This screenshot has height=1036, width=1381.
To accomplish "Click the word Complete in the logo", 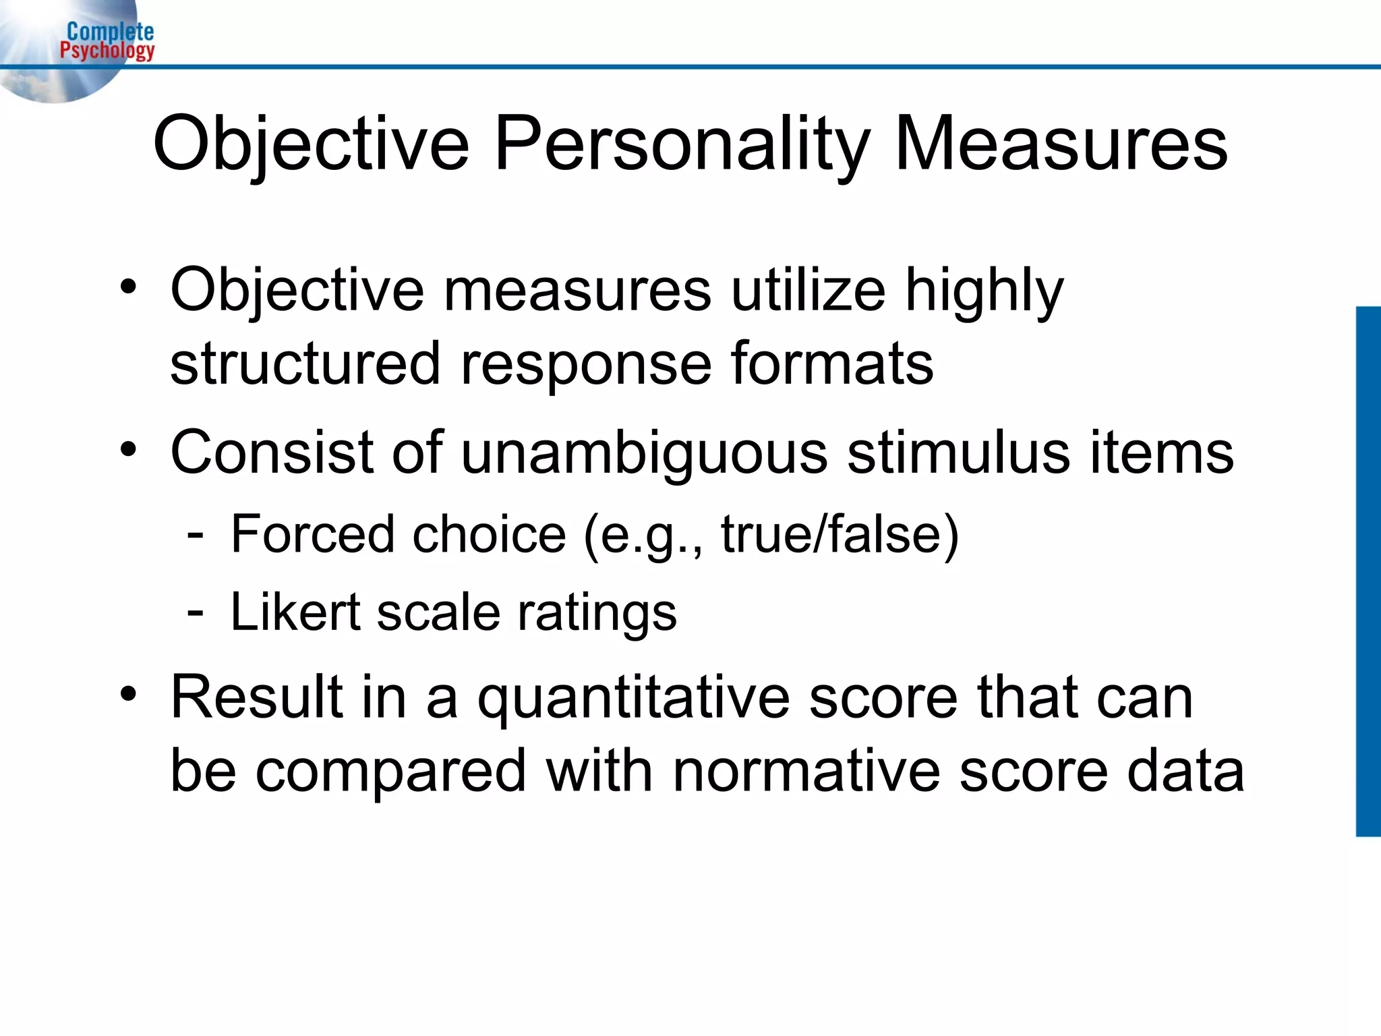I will (x=110, y=31).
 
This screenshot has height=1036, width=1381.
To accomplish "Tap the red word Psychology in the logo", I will (x=107, y=50).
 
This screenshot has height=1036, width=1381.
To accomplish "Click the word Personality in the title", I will (x=682, y=144).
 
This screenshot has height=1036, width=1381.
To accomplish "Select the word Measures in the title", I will (x=1061, y=144).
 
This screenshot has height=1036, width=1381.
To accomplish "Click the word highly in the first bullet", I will (x=984, y=291).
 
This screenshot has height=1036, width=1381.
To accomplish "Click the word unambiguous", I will (x=644, y=453).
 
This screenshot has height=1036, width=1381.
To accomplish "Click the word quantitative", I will (x=633, y=699).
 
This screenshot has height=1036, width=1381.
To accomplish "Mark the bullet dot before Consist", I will (x=128, y=449).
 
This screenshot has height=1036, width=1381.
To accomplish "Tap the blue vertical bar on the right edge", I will (x=1368, y=571).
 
